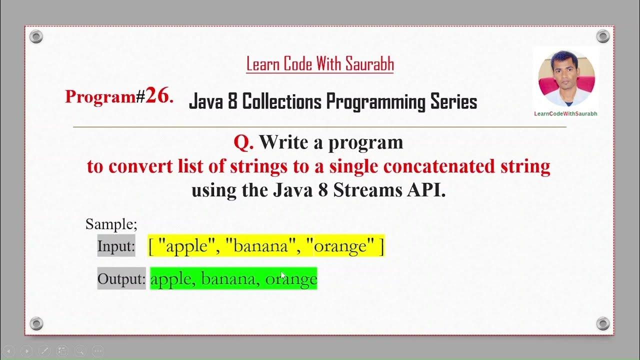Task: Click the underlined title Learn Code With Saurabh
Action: pyautogui.click(x=320, y=64)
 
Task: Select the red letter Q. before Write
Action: pyautogui.click(x=243, y=142)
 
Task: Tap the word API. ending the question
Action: pyautogui.click(x=426, y=190)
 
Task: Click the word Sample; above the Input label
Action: pyautogui.click(x=111, y=223)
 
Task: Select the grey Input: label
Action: pyautogui.click(x=116, y=246)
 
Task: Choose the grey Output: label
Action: pyautogui.click(x=121, y=278)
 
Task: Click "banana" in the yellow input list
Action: pyautogui.click(x=260, y=246)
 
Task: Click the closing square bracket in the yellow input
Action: pyautogui.click(x=381, y=246)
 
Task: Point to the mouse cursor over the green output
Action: pyautogui.click(x=283, y=275)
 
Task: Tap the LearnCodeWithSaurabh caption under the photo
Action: pyautogui.click(x=565, y=113)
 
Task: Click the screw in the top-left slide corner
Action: pyautogui.click(x=36, y=36)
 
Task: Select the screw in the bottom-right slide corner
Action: pyautogui.click(x=603, y=323)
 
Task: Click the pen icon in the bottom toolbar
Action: pyautogui.click(x=44, y=351)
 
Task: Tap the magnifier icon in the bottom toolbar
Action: pyautogui.click(x=79, y=351)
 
